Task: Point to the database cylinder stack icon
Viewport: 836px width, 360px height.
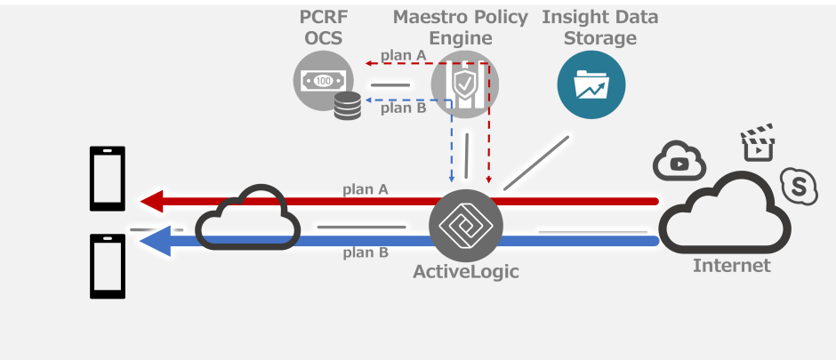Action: (x=348, y=106)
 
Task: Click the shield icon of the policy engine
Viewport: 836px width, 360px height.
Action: (x=464, y=85)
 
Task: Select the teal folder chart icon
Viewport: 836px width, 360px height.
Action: (x=591, y=85)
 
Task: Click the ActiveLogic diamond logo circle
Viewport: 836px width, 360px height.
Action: (x=465, y=224)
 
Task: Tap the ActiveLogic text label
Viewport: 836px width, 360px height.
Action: (x=465, y=272)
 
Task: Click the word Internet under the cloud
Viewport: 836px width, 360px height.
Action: (x=731, y=265)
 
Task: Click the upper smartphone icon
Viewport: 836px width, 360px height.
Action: (x=108, y=178)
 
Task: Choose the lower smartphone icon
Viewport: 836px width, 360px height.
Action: (x=108, y=266)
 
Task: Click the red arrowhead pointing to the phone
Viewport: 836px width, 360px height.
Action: (x=152, y=202)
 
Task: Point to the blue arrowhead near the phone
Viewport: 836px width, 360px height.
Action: (x=156, y=241)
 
